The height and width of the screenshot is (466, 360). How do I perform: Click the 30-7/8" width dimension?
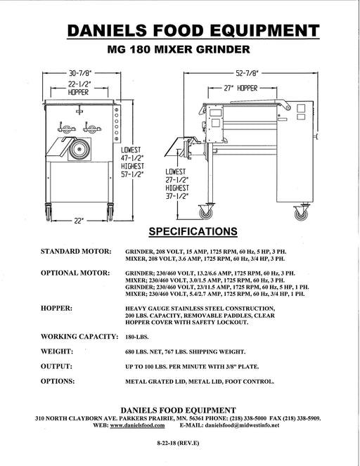tap(81, 73)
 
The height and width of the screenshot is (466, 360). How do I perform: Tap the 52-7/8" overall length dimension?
tap(247, 73)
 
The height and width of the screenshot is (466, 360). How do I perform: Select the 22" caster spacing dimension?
tap(79, 221)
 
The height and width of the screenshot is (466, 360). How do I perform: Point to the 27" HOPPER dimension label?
tap(240, 89)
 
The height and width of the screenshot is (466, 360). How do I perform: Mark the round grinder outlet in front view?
tap(79, 148)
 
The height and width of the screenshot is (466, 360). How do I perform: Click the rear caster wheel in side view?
tap(301, 214)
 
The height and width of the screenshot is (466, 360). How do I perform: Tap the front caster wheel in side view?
tap(206, 213)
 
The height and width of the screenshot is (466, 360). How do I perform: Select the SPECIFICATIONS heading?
tap(193, 231)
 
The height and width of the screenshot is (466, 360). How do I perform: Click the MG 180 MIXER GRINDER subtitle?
tap(179, 49)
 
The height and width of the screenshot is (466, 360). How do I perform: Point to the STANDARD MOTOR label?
tap(76, 252)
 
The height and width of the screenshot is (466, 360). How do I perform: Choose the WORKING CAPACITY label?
tap(79, 337)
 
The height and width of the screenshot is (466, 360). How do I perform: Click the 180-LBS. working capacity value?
tap(136, 337)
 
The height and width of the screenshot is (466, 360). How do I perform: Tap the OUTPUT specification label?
tap(56, 366)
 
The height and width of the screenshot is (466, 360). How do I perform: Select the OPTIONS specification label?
tap(58, 381)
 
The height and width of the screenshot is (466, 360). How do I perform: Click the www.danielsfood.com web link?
tap(137, 425)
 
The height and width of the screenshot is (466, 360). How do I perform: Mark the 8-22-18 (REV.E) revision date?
tap(178, 443)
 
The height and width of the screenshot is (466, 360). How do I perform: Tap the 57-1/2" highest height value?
tap(132, 174)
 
